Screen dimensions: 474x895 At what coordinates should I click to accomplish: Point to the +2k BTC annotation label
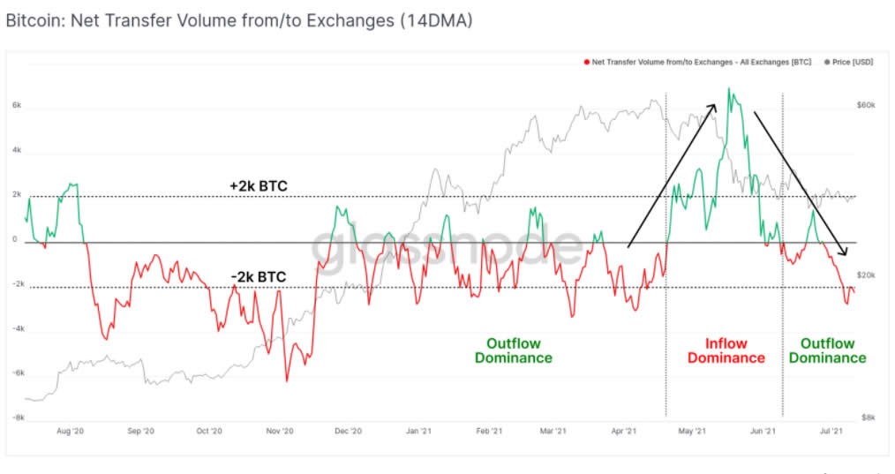(x=258, y=186)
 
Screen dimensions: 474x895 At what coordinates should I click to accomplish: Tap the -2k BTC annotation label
(x=258, y=277)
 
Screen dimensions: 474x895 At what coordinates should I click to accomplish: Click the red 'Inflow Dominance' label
(x=726, y=350)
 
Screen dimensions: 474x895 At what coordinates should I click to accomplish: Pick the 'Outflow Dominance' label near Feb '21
(x=513, y=350)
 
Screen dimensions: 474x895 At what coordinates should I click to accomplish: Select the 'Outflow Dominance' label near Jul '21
(x=827, y=350)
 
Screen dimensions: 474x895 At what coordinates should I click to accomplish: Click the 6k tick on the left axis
(x=16, y=105)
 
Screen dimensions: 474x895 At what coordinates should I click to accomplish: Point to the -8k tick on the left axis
(x=16, y=418)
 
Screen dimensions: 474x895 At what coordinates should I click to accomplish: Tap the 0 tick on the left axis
(x=15, y=239)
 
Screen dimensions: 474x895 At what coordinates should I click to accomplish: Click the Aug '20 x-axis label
(x=69, y=432)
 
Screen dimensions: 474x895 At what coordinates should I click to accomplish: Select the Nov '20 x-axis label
(x=279, y=432)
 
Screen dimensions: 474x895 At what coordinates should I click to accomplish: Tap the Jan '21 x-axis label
(x=417, y=432)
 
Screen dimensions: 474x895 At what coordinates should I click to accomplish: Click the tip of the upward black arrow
(x=716, y=103)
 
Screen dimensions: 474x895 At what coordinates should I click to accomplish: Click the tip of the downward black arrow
(x=846, y=255)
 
